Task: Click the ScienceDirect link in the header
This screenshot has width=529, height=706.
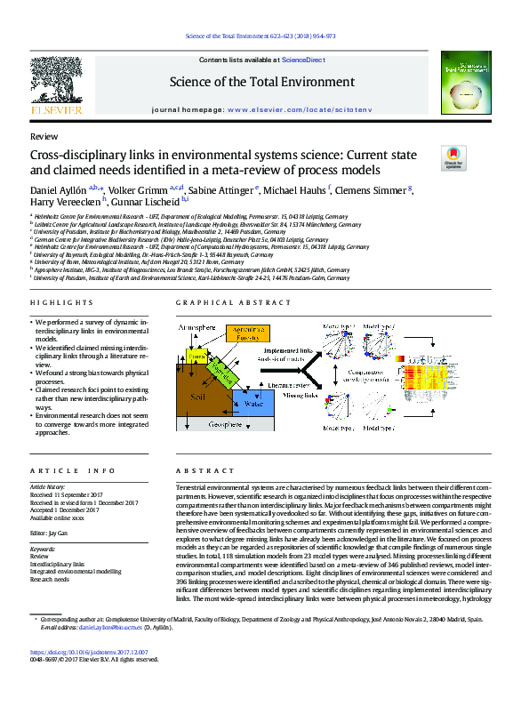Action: tap(303, 60)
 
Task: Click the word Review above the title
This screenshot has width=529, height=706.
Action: tap(44, 138)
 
